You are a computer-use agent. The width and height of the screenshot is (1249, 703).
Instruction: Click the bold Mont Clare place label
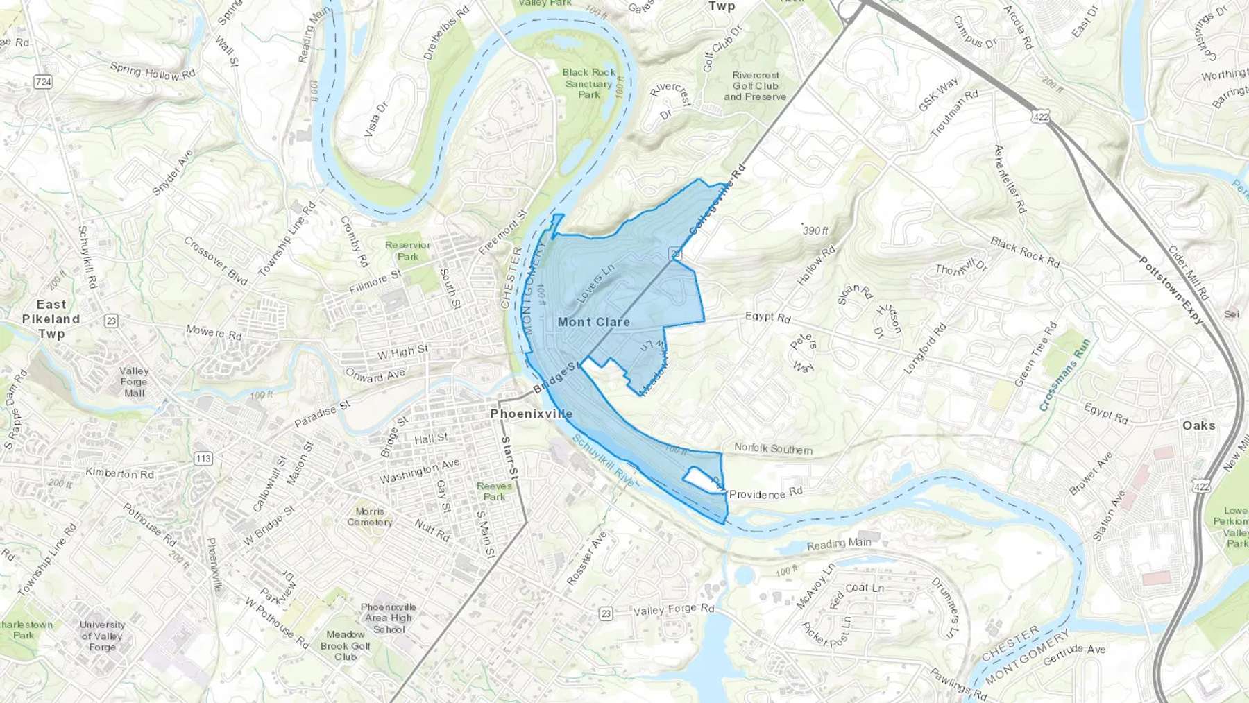[593, 322]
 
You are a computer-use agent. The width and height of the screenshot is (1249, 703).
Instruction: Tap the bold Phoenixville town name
[532, 414]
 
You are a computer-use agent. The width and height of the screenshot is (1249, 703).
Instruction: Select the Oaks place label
[1198, 425]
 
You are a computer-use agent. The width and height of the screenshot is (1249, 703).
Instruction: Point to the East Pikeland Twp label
[51, 319]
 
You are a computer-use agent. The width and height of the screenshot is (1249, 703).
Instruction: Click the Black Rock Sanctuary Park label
[589, 83]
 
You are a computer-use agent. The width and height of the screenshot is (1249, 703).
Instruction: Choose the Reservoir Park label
[408, 251]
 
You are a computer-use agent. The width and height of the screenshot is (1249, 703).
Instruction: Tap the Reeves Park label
[494, 491]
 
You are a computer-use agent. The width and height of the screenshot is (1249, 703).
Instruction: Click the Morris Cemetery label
[370, 517]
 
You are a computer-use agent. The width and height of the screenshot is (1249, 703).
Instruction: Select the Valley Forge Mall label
[134, 382]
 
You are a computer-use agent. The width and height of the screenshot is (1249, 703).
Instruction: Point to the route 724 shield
[43, 82]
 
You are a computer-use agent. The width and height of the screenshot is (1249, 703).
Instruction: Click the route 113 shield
[203, 459]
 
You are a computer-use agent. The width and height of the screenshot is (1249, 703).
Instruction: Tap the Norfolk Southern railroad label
[773, 449]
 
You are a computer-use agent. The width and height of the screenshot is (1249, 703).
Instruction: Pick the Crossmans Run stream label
[1065, 375]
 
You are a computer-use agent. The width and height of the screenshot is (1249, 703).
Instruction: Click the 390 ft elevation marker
[815, 230]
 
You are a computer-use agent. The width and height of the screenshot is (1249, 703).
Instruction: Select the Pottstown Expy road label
[1171, 290]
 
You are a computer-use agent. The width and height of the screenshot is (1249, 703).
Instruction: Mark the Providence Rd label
[765, 493]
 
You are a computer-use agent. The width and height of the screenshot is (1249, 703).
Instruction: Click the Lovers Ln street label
[595, 284]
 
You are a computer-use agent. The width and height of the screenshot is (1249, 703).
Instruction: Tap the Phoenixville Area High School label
[389, 618]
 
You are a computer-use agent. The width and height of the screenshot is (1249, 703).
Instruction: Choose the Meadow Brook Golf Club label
[346, 645]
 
